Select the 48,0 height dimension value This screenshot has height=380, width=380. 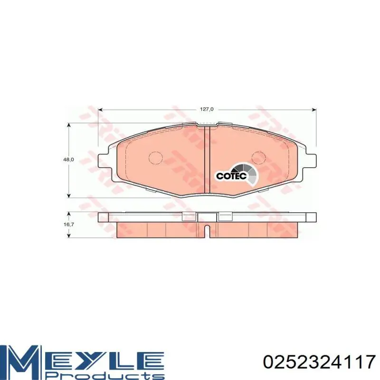69,160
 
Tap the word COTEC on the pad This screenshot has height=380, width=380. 231,176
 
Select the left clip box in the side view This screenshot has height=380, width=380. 189,217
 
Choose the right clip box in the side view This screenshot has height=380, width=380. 224,217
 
